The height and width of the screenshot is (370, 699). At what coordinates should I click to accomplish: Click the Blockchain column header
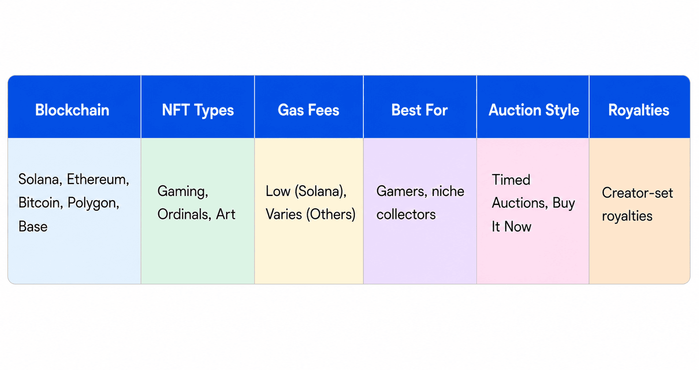(x=72, y=110)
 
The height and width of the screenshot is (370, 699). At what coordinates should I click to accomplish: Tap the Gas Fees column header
(x=308, y=110)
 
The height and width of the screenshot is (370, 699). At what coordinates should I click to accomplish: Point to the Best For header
(x=419, y=110)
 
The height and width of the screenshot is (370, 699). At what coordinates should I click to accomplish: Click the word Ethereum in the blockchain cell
(x=98, y=179)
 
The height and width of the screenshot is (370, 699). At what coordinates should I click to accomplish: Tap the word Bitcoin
(x=41, y=202)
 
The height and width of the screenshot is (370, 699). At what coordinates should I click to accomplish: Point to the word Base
(x=33, y=226)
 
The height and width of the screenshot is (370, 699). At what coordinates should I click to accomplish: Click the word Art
(x=225, y=214)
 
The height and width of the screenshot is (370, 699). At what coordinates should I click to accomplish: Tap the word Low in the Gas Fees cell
(x=278, y=191)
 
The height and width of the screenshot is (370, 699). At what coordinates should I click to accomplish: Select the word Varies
(x=284, y=214)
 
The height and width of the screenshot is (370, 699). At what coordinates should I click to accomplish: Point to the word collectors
(x=406, y=214)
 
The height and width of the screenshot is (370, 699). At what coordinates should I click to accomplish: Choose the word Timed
(x=511, y=180)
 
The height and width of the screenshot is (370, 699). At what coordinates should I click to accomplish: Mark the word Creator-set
(x=638, y=193)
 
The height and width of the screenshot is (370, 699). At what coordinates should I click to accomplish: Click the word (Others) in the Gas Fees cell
(x=331, y=214)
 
